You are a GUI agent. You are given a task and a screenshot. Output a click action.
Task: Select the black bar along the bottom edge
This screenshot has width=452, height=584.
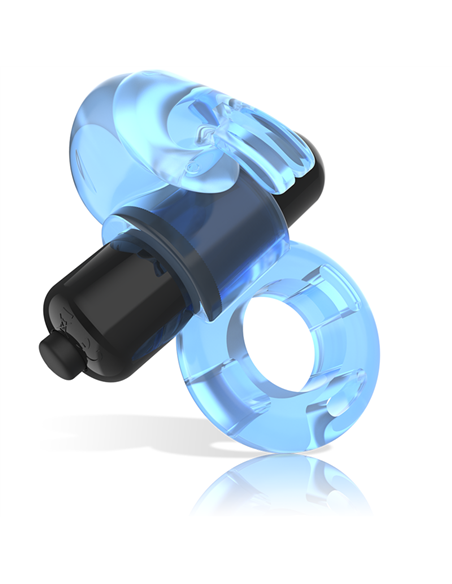click(226, 551)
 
